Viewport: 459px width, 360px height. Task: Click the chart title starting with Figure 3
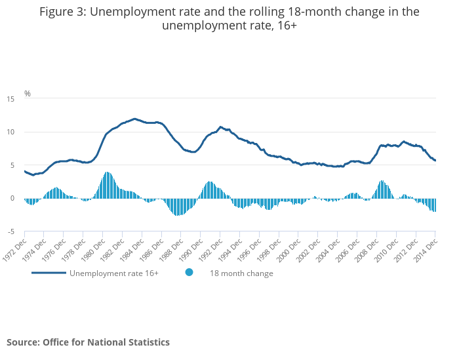[229, 18]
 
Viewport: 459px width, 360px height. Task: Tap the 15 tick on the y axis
[10, 99]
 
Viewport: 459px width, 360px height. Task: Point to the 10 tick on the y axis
[10, 132]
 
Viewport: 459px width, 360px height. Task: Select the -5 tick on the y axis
[10, 231]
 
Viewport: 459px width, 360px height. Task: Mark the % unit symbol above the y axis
[28, 94]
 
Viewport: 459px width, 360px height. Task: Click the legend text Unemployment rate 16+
[114, 273]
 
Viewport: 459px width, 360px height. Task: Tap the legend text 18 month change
[241, 273]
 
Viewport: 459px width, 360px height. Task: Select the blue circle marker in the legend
[189, 273]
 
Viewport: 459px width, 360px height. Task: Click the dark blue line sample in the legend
[49, 273]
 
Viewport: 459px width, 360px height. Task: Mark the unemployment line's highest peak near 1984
[134, 119]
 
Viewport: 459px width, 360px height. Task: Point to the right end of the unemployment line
[435, 161]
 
